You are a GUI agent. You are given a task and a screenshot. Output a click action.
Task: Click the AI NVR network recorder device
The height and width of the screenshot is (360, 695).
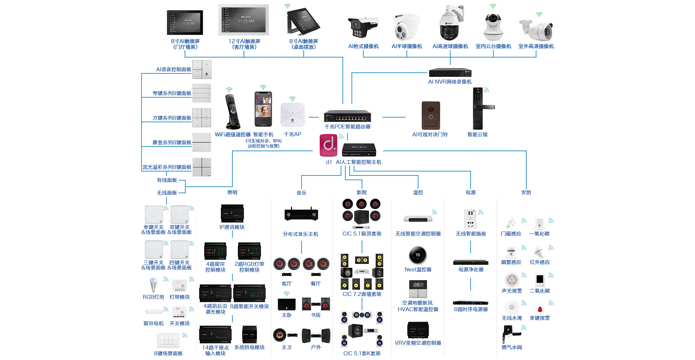450,72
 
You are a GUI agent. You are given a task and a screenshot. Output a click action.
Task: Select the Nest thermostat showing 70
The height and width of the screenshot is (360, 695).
418,255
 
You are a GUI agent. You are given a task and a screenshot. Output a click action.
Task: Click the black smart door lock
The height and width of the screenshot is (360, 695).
479,108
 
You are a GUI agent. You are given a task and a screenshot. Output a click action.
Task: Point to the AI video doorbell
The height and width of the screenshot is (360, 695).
431,115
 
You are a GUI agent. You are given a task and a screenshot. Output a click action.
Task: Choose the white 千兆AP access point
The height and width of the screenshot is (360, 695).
292,115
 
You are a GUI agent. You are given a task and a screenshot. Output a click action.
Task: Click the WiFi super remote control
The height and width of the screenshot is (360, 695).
232,112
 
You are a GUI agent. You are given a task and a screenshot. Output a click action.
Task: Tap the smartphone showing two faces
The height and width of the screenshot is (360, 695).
263,109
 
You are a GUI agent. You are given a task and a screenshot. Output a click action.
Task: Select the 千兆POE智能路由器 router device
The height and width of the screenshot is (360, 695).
347,116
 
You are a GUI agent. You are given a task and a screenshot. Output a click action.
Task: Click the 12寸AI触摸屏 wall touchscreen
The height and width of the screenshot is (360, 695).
244,20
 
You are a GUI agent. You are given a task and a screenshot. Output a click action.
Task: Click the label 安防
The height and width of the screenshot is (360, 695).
526,192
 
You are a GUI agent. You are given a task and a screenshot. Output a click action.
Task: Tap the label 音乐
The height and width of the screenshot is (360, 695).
302,193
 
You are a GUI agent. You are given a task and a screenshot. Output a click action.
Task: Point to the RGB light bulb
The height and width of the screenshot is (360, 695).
153,284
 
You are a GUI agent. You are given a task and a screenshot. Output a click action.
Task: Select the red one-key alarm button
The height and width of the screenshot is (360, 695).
540,309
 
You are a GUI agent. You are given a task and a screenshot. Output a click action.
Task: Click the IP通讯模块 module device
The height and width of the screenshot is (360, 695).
232,213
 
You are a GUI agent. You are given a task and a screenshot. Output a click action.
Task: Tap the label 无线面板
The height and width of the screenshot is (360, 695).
167,193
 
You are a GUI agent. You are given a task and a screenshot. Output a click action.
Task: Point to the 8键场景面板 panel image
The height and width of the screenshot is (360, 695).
168,340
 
